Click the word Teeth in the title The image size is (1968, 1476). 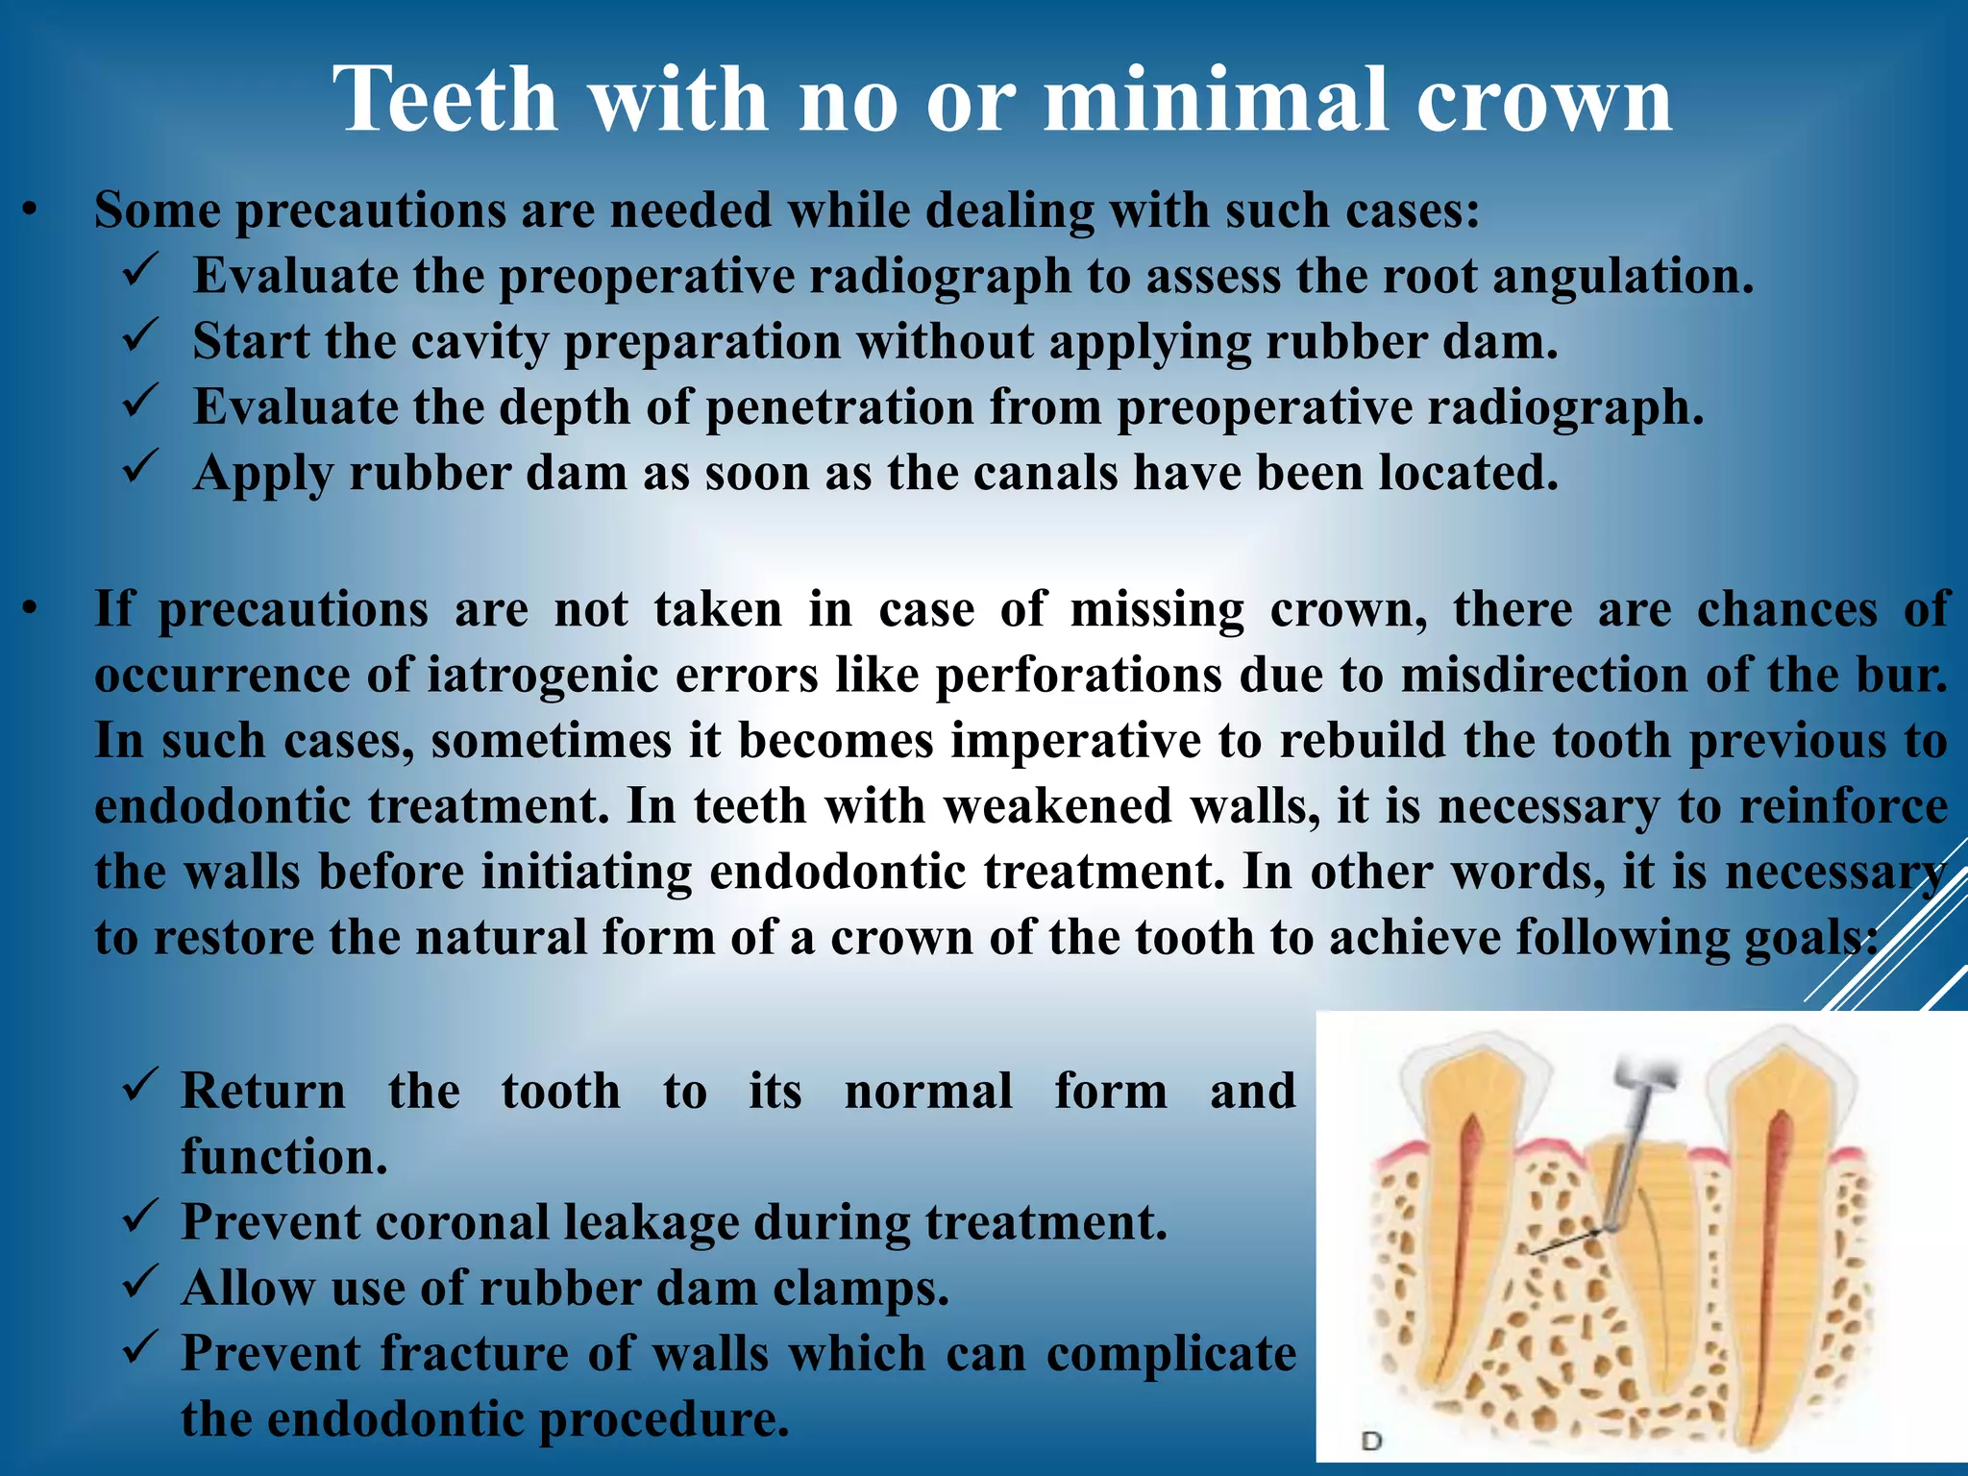(445, 100)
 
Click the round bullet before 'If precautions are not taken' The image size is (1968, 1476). (32, 608)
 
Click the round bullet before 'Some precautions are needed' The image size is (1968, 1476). (32, 209)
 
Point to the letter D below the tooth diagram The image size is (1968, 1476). (1371, 1440)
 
